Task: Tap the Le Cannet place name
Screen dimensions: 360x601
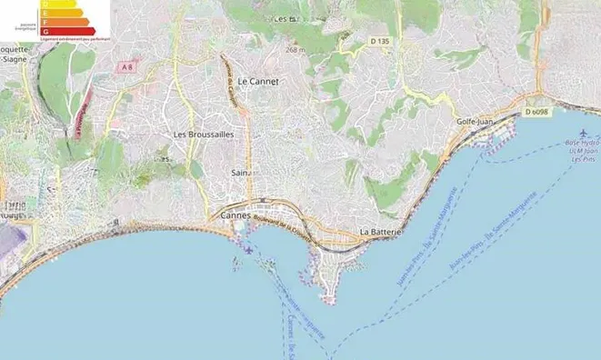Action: pos(256,81)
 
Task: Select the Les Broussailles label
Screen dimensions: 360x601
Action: pos(204,134)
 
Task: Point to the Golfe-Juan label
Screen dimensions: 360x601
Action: pos(474,120)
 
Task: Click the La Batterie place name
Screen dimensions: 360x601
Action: pos(381,232)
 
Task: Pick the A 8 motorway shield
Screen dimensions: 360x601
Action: pos(128,66)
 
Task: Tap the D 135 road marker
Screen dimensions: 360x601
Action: pos(379,41)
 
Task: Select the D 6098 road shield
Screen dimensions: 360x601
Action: pos(536,113)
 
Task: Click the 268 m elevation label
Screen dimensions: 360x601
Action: pos(295,50)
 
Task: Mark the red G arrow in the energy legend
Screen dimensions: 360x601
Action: pos(69,32)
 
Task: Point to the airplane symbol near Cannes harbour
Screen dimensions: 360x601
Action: pos(248,249)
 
